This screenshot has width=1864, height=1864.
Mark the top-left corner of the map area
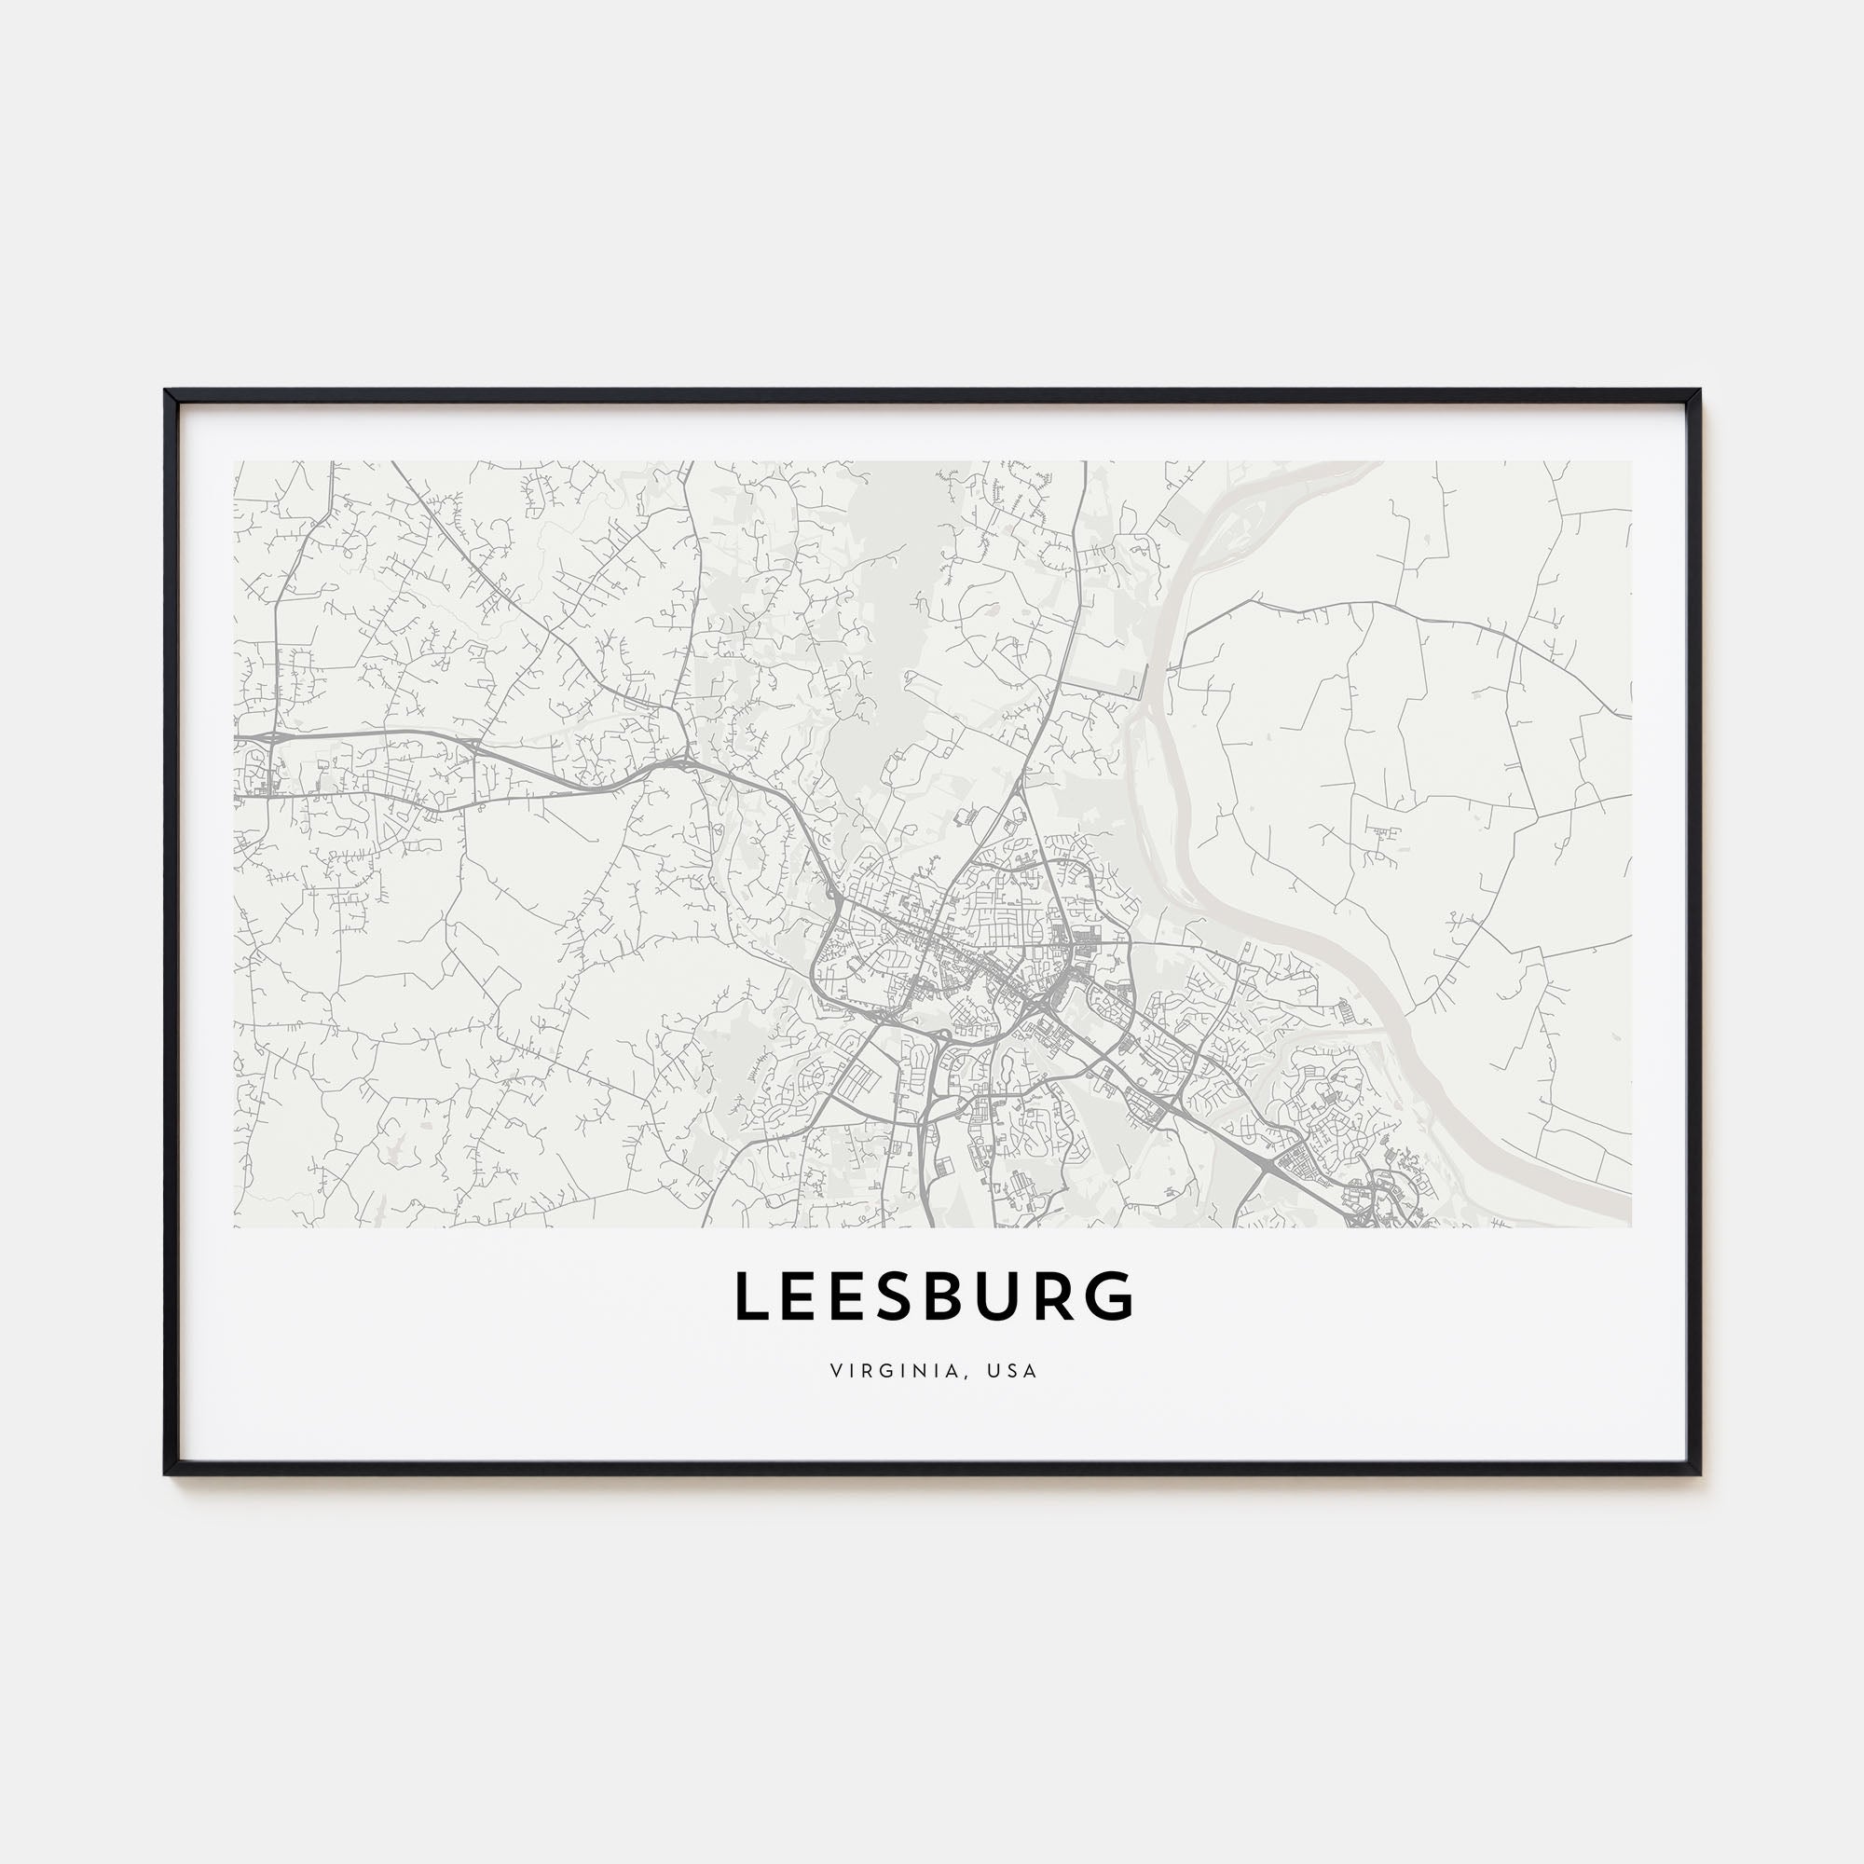235,461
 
